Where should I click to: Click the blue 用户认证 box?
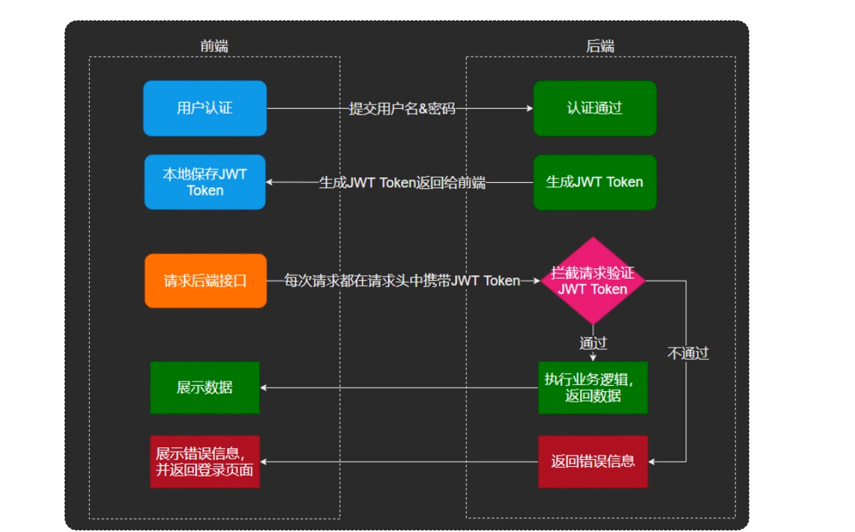point(205,108)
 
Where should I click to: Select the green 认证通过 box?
point(594,108)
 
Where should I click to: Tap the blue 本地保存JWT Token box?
point(205,182)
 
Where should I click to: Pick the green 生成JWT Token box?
point(594,182)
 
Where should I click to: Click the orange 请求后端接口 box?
point(205,281)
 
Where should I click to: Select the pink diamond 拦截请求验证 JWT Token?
point(593,281)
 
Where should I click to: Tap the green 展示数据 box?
point(205,387)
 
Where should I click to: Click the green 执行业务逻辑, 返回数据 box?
point(593,387)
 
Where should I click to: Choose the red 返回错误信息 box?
point(593,462)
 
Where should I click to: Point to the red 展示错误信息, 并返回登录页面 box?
point(205,462)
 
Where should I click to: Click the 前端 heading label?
point(214,46)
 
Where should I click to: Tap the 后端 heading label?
point(600,46)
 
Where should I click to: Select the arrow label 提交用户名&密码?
point(402,109)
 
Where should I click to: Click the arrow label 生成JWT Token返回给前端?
point(402,183)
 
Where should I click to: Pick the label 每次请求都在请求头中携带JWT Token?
point(402,281)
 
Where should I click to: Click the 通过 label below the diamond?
point(593,343)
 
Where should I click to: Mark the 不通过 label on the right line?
point(688,353)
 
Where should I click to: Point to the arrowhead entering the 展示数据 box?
point(264,387)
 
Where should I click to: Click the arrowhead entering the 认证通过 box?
point(529,109)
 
